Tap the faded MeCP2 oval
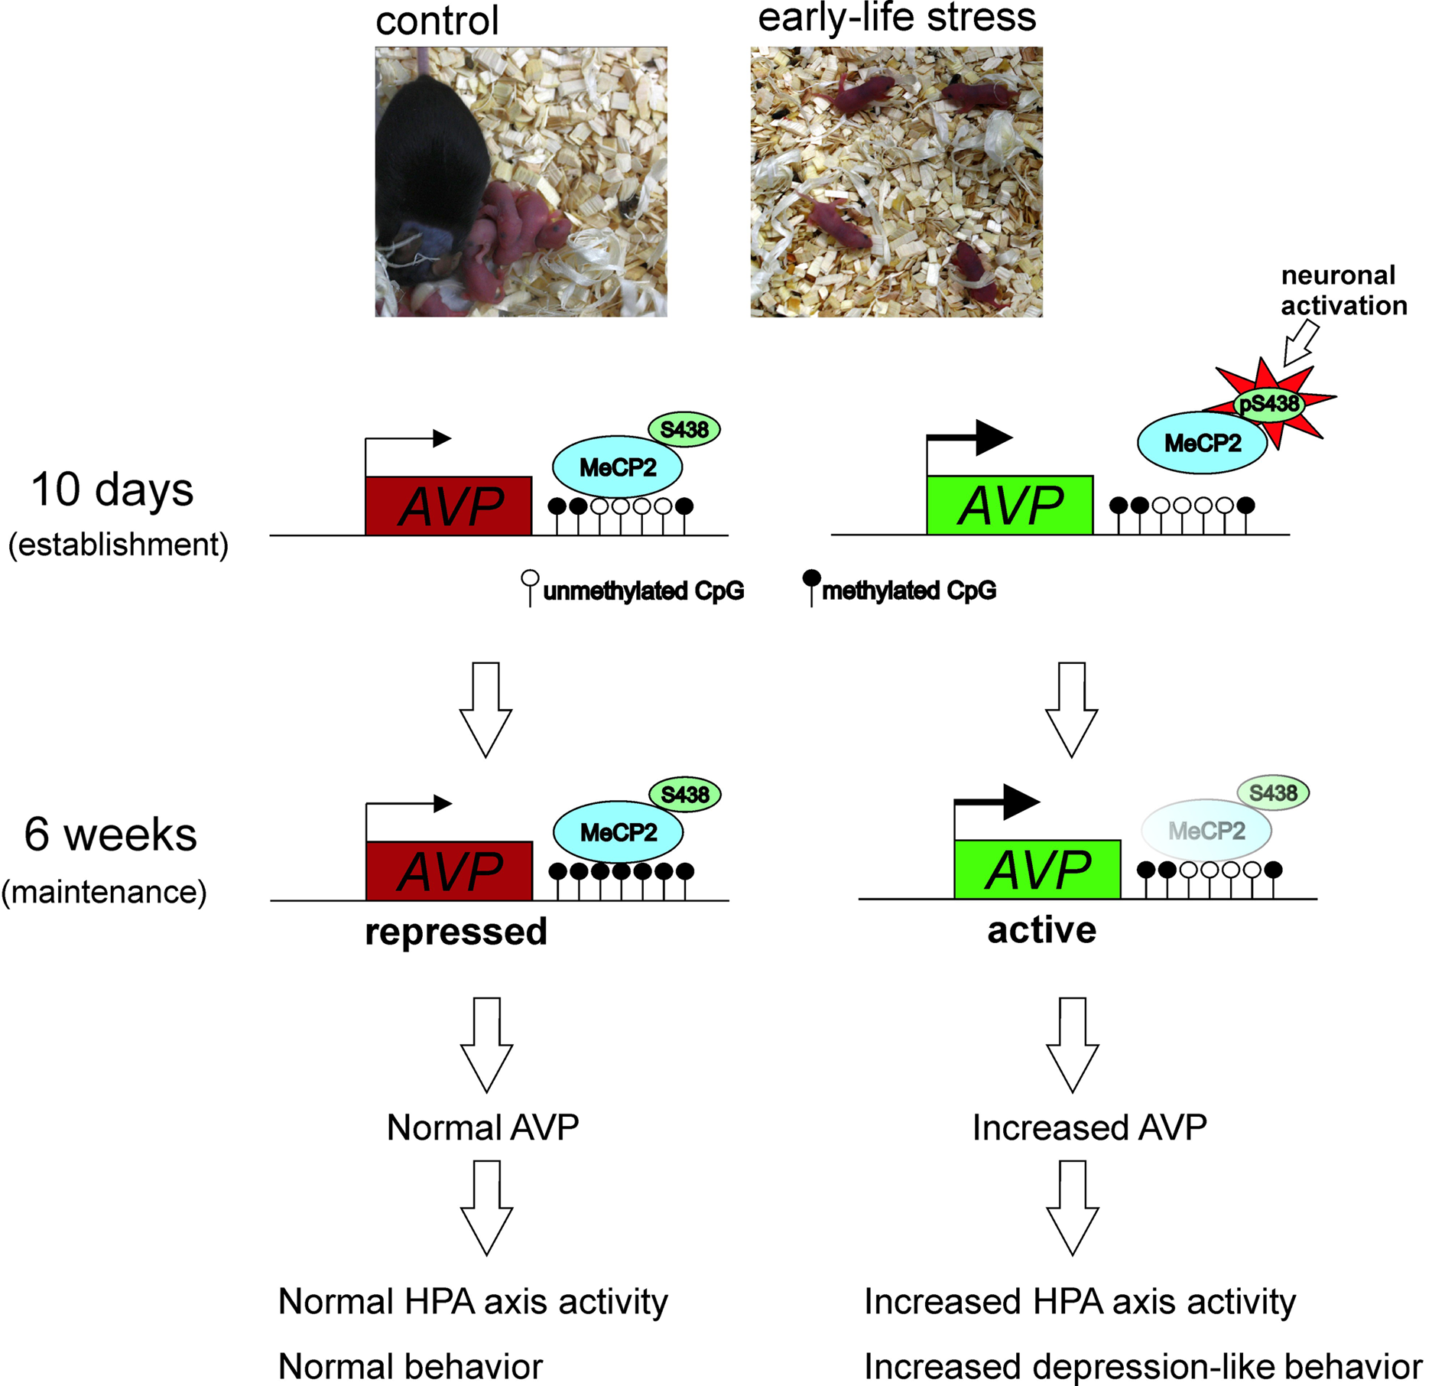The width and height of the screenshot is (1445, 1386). pyautogui.click(x=1206, y=831)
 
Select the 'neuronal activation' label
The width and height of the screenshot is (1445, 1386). pyautogui.click(x=1343, y=290)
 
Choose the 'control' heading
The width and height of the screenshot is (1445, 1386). pyautogui.click(x=437, y=21)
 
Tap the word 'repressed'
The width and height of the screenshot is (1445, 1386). pyautogui.click(x=456, y=932)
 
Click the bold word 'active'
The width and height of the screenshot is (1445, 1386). pyautogui.click(x=1041, y=930)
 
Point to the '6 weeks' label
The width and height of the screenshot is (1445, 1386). pyautogui.click(x=110, y=834)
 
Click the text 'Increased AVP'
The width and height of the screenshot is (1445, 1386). pyautogui.click(x=1089, y=1127)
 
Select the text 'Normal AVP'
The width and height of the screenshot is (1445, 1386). pyautogui.click(x=482, y=1127)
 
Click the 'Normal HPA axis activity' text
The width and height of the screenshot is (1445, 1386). pyautogui.click(x=472, y=1301)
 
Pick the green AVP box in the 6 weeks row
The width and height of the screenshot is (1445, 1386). pyautogui.click(x=1037, y=870)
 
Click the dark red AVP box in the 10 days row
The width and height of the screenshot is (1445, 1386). pyautogui.click(x=449, y=506)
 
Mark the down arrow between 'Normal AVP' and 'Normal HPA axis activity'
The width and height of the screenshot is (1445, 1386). pyautogui.click(x=486, y=1208)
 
